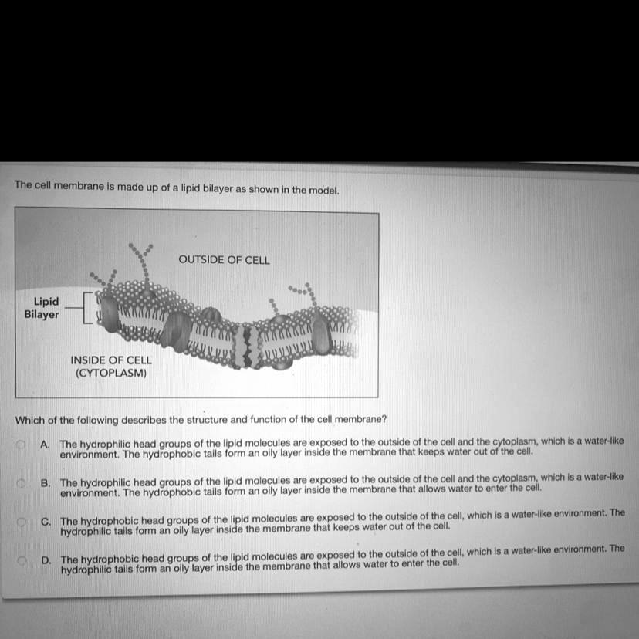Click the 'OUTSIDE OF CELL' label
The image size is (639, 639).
[224, 260]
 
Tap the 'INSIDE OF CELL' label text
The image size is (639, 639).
[111, 360]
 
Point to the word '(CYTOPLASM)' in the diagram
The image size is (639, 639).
[111, 373]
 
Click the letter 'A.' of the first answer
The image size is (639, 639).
[46, 445]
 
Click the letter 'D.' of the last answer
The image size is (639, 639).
[46, 558]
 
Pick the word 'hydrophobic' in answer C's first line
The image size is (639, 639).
[109, 521]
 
